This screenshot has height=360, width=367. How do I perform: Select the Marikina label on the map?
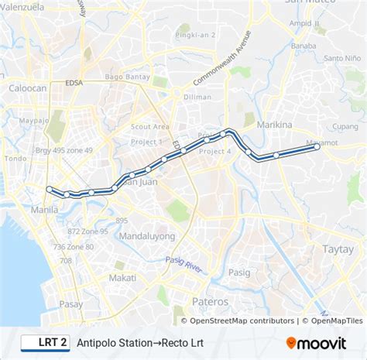tap(274, 125)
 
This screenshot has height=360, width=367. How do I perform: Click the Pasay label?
tap(70, 304)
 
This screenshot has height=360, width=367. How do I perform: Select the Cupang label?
tap(345, 126)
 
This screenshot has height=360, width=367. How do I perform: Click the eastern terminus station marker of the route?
tap(317, 146)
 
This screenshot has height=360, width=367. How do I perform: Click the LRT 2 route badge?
tap(43, 341)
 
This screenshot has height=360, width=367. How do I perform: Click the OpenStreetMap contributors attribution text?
tap(242, 321)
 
